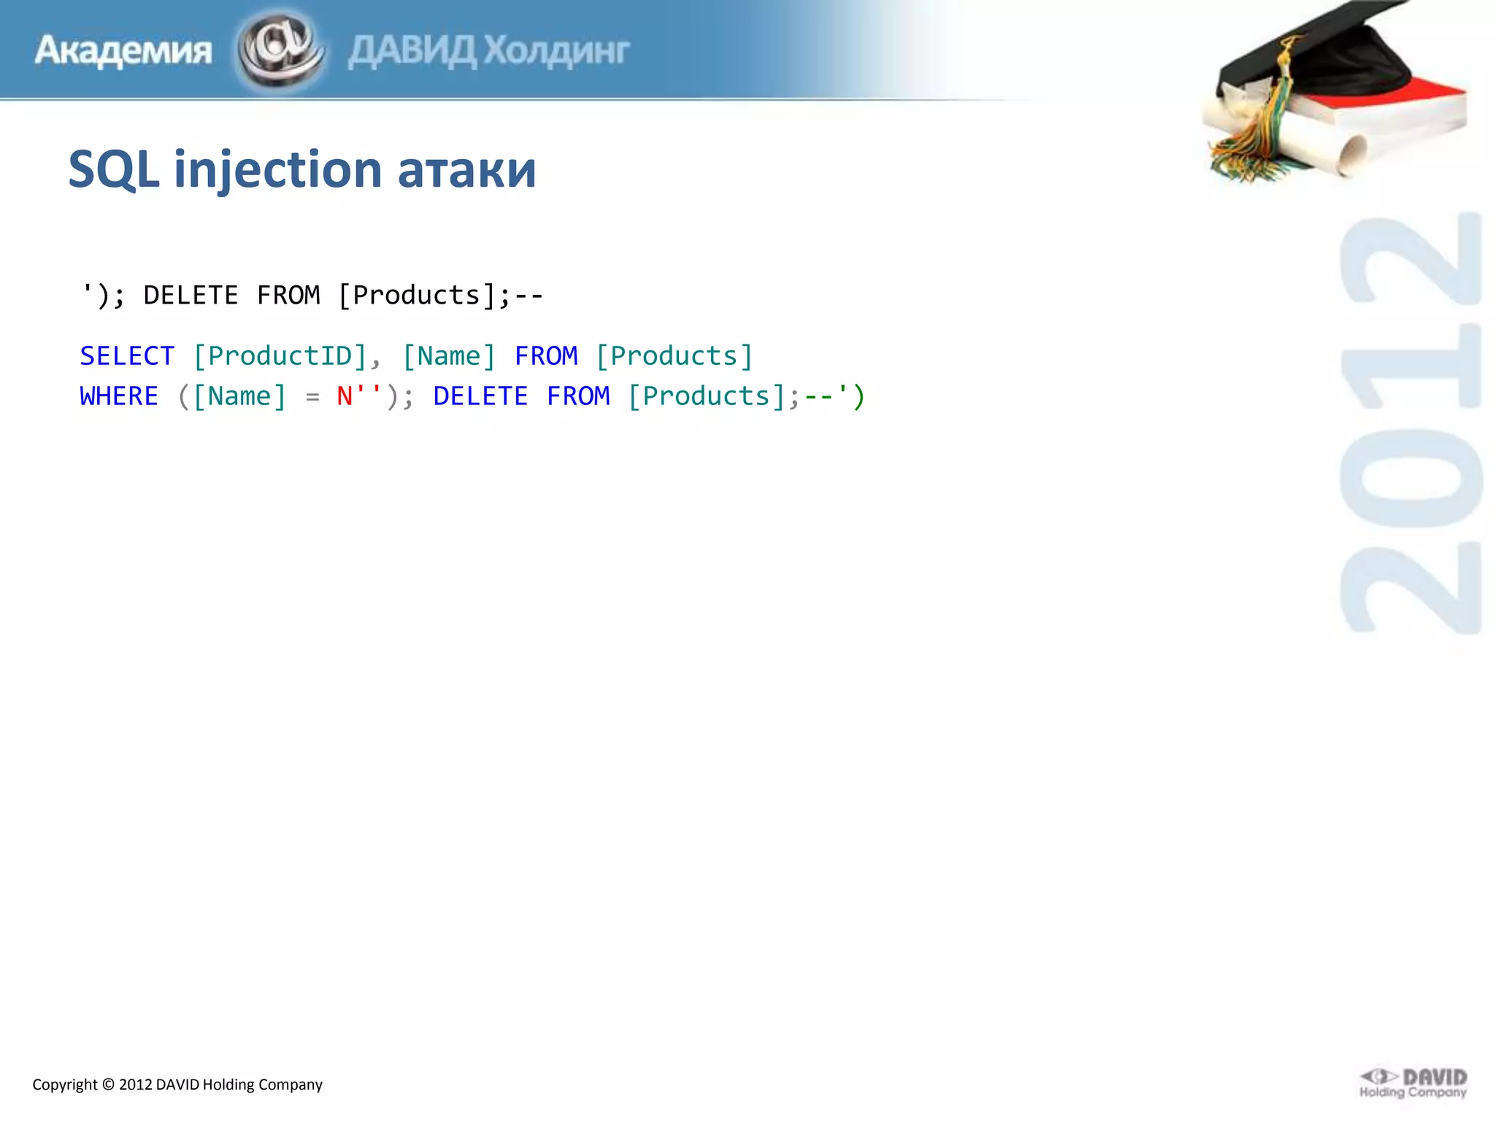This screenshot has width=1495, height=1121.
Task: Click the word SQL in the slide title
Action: [113, 170]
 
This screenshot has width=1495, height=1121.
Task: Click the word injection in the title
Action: [277, 170]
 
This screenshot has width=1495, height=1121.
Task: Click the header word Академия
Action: [123, 51]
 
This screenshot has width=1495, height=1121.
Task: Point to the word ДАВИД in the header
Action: [412, 51]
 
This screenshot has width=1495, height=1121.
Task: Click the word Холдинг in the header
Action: [557, 51]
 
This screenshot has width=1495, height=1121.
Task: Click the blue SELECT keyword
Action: [127, 356]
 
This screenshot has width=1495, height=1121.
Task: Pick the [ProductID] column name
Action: [280, 356]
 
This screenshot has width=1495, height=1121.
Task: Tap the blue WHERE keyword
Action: [119, 396]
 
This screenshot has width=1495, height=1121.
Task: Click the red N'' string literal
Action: [358, 396]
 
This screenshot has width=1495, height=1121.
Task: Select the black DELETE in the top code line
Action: [191, 296]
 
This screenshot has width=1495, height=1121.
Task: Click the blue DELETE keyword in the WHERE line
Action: [480, 396]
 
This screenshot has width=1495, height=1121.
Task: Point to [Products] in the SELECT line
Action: [675, 356]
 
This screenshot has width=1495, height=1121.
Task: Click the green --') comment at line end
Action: [834, 396]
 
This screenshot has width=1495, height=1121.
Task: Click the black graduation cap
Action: [1343, 58]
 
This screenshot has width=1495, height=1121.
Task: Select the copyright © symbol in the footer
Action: [108, 1085]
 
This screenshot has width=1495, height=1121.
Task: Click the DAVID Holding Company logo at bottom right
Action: [1413, 1084]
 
